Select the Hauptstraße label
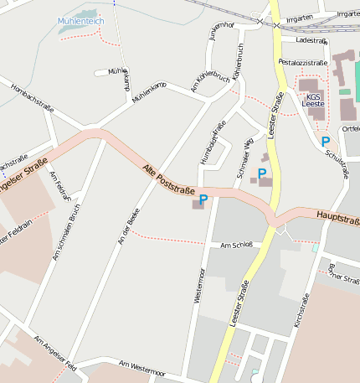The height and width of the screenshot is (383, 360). pyautogui.click(x=338, y=217)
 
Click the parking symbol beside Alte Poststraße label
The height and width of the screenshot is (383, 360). pyautogui.click(x=203, y=199)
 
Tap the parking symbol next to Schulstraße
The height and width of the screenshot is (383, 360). pyautogui.click(x=325, y=142)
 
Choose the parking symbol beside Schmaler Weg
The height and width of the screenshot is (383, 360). pyautogui.click(x=262, y=173)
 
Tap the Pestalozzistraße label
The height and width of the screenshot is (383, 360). pyautogui.click(x=302, y=62)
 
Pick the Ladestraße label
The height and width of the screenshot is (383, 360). pyautogui.click(x=311, y=39)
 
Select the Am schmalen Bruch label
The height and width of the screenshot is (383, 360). pyautogui.click(x=66, y=232)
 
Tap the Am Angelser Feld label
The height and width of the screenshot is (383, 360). pyautogui.click(x=54, y=355)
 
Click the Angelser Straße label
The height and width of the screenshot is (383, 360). pyautogui.click(x=20, y=179)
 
